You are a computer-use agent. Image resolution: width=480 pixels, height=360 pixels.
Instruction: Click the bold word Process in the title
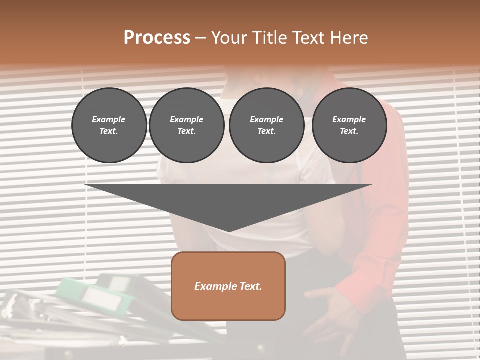click(157, 38)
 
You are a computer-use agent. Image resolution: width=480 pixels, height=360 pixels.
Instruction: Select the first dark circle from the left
click(109, 125)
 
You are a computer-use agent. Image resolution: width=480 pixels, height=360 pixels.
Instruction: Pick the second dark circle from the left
click(186, 125)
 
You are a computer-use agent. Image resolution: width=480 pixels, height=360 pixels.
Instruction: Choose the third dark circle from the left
click(266, 125)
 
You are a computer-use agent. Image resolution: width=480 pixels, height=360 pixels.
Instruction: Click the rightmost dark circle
click(349, 125)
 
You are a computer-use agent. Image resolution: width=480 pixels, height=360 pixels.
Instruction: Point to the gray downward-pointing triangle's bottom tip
click(228, 230)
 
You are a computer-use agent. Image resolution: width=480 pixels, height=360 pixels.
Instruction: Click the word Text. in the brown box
click(250, 286)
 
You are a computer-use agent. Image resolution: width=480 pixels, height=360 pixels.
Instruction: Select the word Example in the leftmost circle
click(109, 119)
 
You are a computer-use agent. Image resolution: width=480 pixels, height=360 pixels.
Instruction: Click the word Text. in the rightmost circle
click(349, 131)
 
